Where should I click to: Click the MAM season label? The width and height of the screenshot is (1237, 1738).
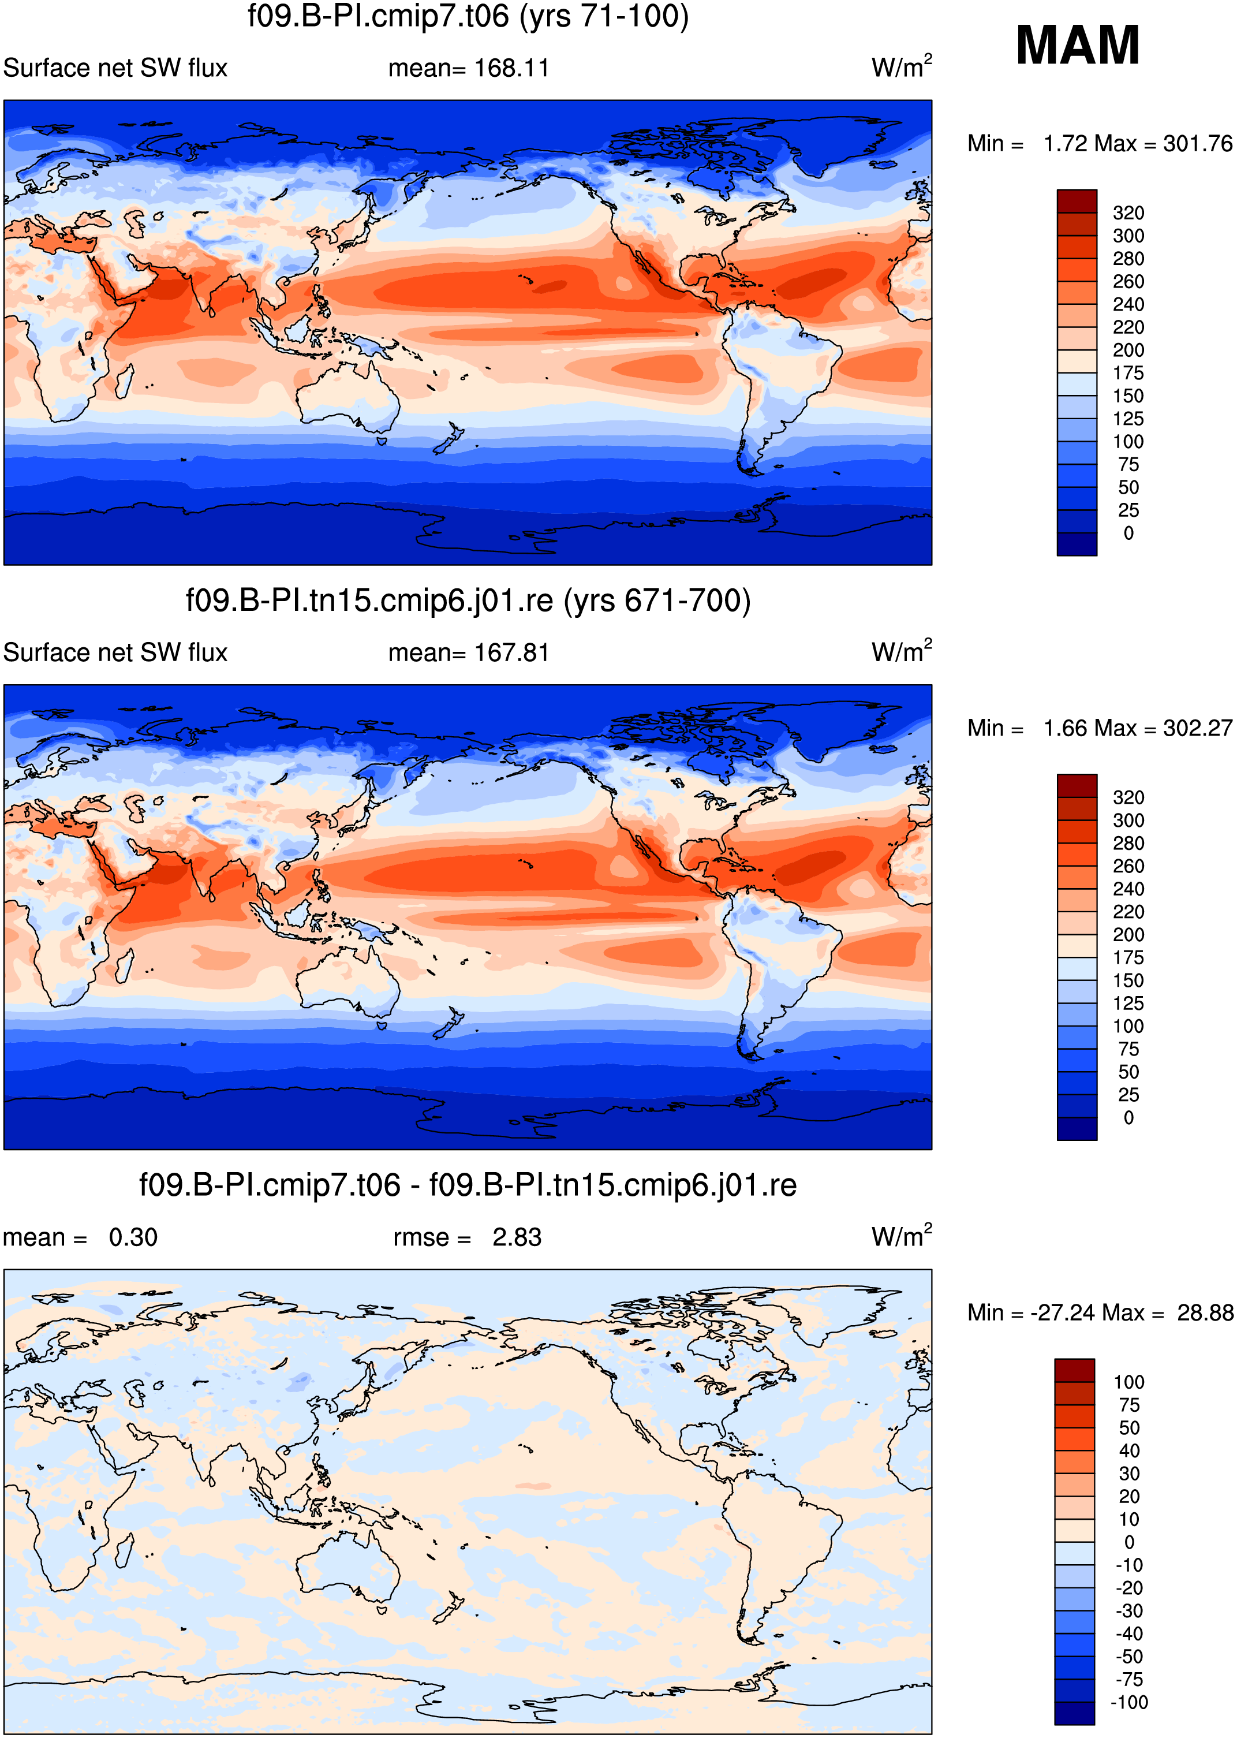coord(1078,45)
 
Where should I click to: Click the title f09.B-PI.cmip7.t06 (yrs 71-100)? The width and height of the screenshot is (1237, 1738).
coord(468,16)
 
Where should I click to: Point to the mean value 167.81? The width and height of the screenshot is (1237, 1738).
coord(511,653)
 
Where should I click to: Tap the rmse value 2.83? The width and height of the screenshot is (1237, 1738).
coord(517,1237)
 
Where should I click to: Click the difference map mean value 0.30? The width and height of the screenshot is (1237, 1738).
coord(133,1237)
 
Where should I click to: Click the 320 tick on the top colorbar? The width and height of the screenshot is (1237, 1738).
coord(1128,212)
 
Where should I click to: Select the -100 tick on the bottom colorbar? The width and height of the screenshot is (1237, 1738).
coord(1129,1702)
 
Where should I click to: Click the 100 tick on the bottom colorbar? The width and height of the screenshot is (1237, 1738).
coord(1129,1382)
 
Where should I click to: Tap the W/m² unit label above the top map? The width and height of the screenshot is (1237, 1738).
coord(902,66)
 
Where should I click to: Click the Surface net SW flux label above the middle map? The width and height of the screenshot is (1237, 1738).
coord(116,653)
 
